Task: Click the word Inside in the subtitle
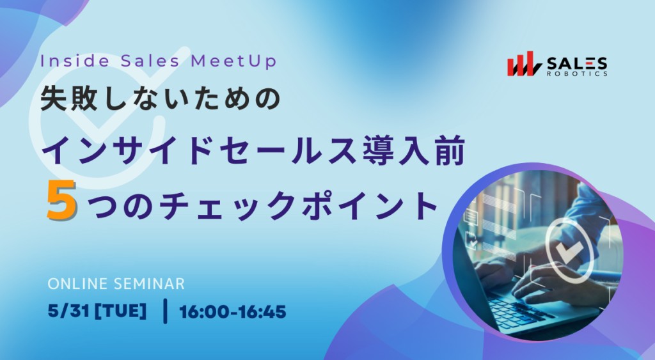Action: (75, 61)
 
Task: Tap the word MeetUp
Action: (234, 61)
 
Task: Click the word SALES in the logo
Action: (577, 64)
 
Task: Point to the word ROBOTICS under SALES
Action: (578, 74)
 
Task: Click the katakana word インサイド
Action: (125, 150)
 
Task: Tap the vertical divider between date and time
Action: (165, 311)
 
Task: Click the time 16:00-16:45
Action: (233, 311)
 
